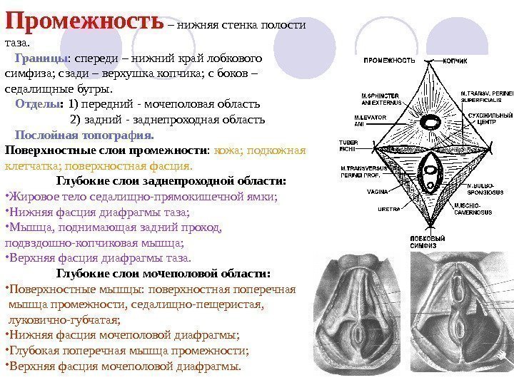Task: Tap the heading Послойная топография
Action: pos(84,134)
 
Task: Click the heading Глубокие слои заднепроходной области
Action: pos(171,181)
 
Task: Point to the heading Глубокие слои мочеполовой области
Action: pos(163,273)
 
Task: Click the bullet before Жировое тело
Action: pos(6,197)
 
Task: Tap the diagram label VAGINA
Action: pos(377,191)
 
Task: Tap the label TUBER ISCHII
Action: pos(348,145)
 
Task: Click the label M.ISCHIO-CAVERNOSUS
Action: pos(473,209)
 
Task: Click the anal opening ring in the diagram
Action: pos(429,122)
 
